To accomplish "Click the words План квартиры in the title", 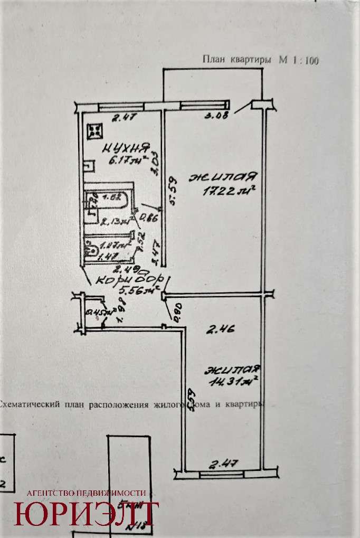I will pyautogui.click(x=239, y=60).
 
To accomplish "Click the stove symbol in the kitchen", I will pyautogui.click(x=96, y=130).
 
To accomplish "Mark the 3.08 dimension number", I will pyautogui.click(x=217, y=117).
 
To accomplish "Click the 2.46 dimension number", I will pyautogui.click(x=220, y=331).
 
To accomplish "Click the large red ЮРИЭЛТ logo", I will pyautogui.click(x=87, y=514).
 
